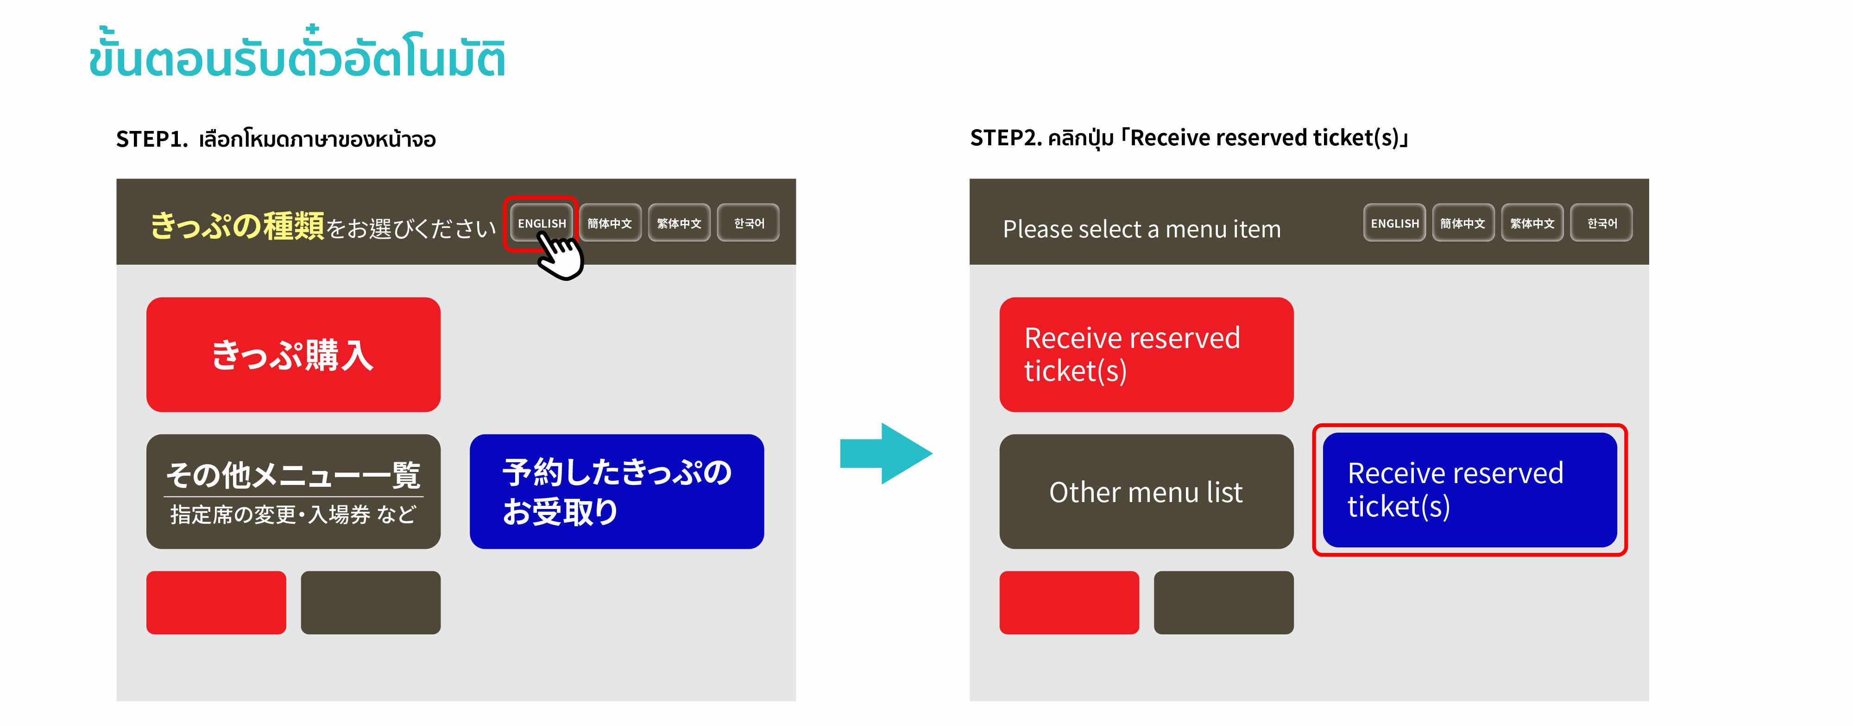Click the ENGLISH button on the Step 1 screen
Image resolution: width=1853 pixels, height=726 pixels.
point(541,223)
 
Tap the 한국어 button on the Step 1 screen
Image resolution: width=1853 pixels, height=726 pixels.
point(748,223)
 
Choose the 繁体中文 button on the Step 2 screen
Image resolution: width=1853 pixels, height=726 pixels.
point(1532,223)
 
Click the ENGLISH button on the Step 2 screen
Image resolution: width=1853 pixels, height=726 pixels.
point(1394,223)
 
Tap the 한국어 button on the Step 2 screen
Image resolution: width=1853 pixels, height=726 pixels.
point(1601,223)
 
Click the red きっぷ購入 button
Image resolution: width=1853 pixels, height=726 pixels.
point(294,354)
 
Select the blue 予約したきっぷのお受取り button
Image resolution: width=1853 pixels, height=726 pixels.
point(617,492)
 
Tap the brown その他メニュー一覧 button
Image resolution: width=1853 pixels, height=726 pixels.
point(294,492)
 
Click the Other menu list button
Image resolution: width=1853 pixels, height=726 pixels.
point(1147,492)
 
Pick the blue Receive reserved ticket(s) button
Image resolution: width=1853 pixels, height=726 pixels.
point(1469,490)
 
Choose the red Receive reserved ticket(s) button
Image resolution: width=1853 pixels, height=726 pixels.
point(1147,354)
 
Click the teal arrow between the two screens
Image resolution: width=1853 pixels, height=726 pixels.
point(886,453)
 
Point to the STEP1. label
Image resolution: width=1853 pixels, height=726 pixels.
point(152,139)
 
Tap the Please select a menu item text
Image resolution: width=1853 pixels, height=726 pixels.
point(1141,229)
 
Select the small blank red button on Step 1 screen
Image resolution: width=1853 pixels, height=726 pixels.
point(216,602)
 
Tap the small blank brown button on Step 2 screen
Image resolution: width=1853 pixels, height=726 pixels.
point(1223,602)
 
